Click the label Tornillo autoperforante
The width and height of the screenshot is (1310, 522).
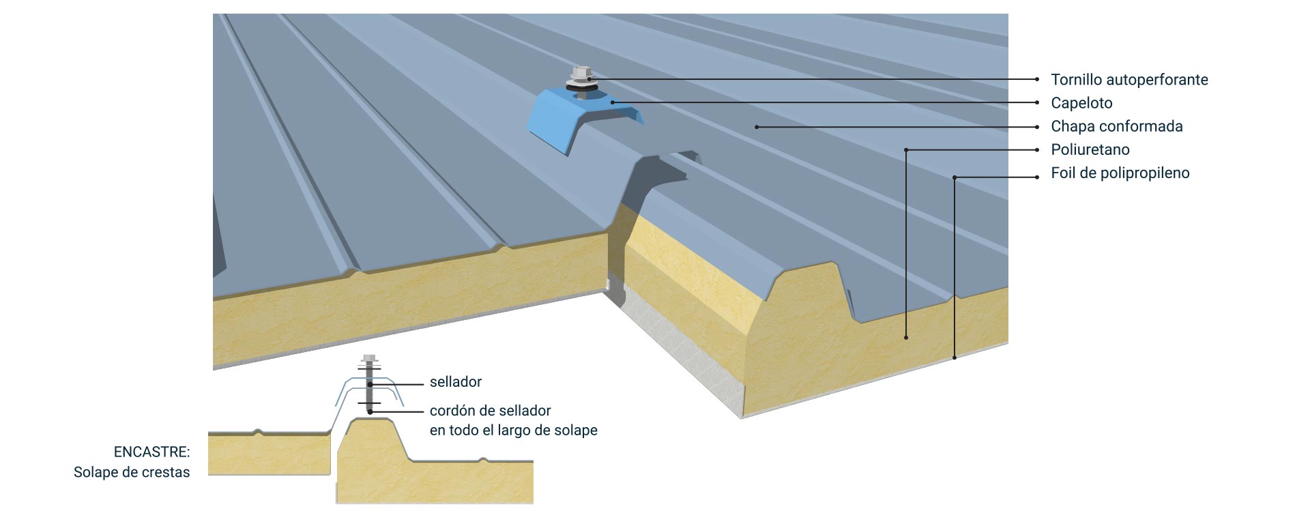1129,80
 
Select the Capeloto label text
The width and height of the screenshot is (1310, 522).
1081,103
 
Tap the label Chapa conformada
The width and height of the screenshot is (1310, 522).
1116,126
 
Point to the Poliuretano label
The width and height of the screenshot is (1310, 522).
1090,149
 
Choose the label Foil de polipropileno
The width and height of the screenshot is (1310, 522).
1120,173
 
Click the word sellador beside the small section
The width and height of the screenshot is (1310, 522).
456,382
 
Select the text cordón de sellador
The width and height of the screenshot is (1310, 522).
490,411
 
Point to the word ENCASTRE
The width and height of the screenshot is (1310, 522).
151,452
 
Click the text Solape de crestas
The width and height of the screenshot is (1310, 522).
132,472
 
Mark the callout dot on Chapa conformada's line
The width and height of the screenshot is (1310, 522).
757,127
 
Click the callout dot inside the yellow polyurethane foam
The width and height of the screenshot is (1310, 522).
906,337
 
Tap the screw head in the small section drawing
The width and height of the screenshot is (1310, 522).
369,358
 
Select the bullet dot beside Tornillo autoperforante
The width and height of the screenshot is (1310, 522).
1036,80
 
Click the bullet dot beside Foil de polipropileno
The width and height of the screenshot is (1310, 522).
1036,177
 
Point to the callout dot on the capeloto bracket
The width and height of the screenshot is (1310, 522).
613,102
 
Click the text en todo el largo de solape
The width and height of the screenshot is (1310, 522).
513,431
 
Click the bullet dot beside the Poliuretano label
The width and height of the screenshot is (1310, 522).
1036,149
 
